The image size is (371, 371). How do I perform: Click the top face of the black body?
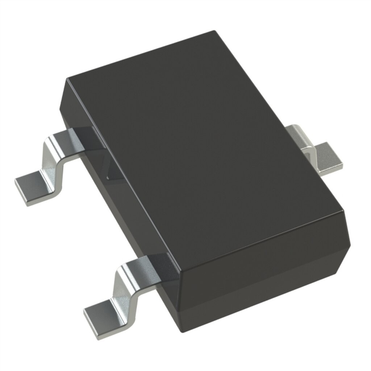point(207,145)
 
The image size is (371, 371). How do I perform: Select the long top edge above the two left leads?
point(123,174)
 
